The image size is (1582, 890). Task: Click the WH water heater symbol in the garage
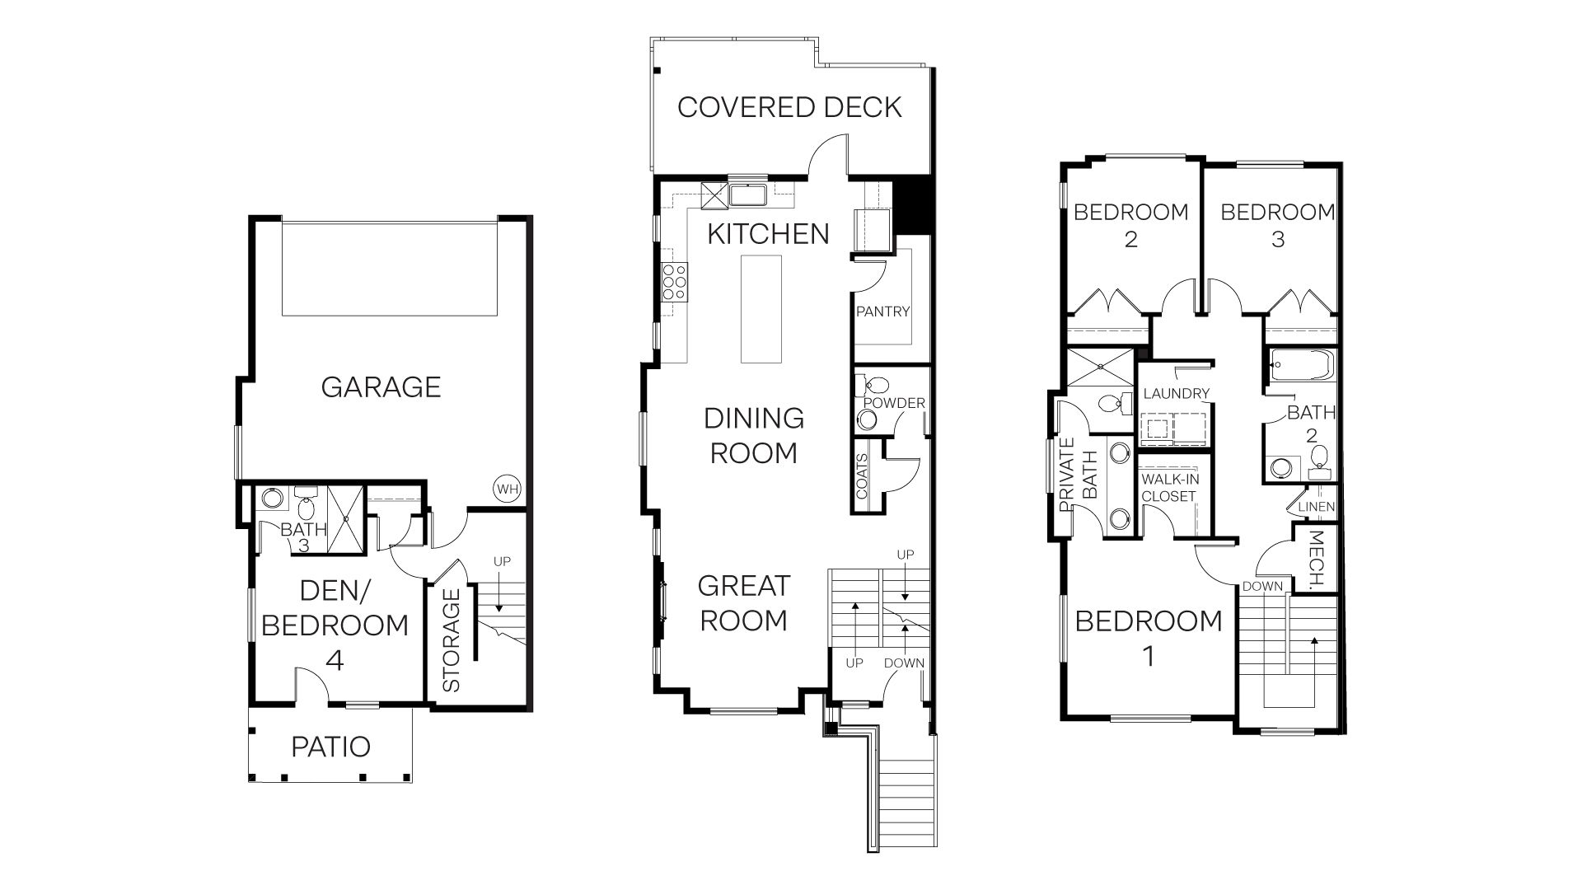pyautogui.click(x=508, y=489)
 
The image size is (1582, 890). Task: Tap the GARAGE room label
pyautogui.click(x=381, y=386)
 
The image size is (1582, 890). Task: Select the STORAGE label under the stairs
pyautogui.click(x=451, y=640)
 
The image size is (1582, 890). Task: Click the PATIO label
pyautogui.click(x=330, y=747)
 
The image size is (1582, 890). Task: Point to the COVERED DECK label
pyautogui.click(x=789, y=107)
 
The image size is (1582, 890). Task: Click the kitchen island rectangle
pyautogui.click(x=761, y=309)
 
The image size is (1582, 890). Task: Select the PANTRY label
pyautogui.click(x=882, y=311)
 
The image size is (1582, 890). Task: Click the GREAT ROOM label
pyautogui.click(x=743, y=603)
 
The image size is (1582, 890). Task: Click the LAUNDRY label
pyautogui.click(x=1176, y=394)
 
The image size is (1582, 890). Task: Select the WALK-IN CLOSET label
pyautogui.click(x=1168, y=488)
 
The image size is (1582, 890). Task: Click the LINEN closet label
pyautogui.click(x=1316, y=508)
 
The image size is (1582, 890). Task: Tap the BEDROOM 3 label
pyautogui.click(x=1277, y=225)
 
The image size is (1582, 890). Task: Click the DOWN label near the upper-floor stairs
pyautogui.click(x=1262, y=587)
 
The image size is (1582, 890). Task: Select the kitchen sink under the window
pyautogui.click(x=749, y=195)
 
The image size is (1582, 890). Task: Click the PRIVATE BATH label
pyautogui.click(x=1078, y=475)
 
